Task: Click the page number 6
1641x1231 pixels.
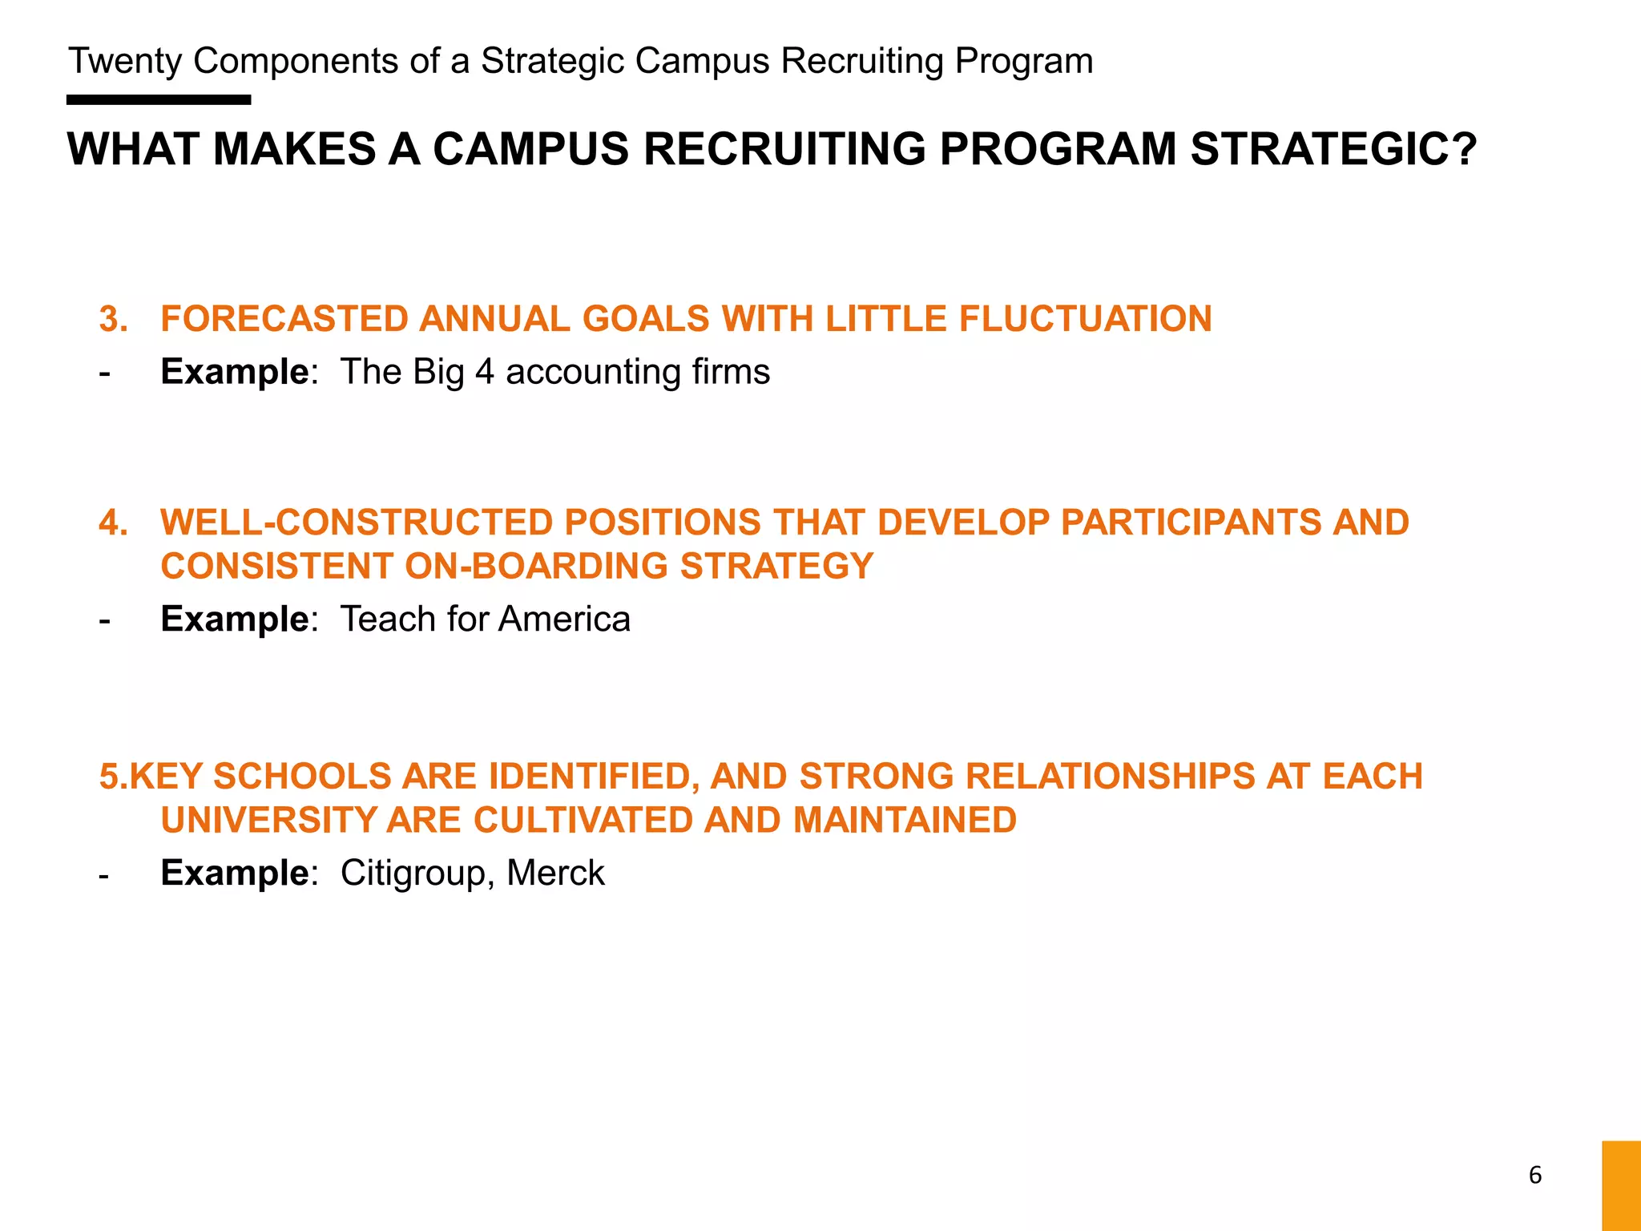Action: pos(1534,1175)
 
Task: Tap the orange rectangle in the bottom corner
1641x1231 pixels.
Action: pos(1621,1185)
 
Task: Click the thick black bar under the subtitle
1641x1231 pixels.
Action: pos(159,100)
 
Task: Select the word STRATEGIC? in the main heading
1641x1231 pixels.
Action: pos(1333,149)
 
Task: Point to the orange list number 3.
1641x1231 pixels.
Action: pos(113,319)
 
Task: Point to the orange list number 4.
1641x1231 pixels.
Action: pos(113,523)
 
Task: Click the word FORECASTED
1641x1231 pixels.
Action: pos(284,319)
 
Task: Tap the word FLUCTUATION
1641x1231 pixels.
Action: pos(1085,319)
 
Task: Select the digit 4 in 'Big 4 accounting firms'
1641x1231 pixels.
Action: pos(484,372)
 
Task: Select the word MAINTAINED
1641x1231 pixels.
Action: pos(905,821)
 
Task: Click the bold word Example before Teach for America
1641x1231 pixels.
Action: pos(235,620)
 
